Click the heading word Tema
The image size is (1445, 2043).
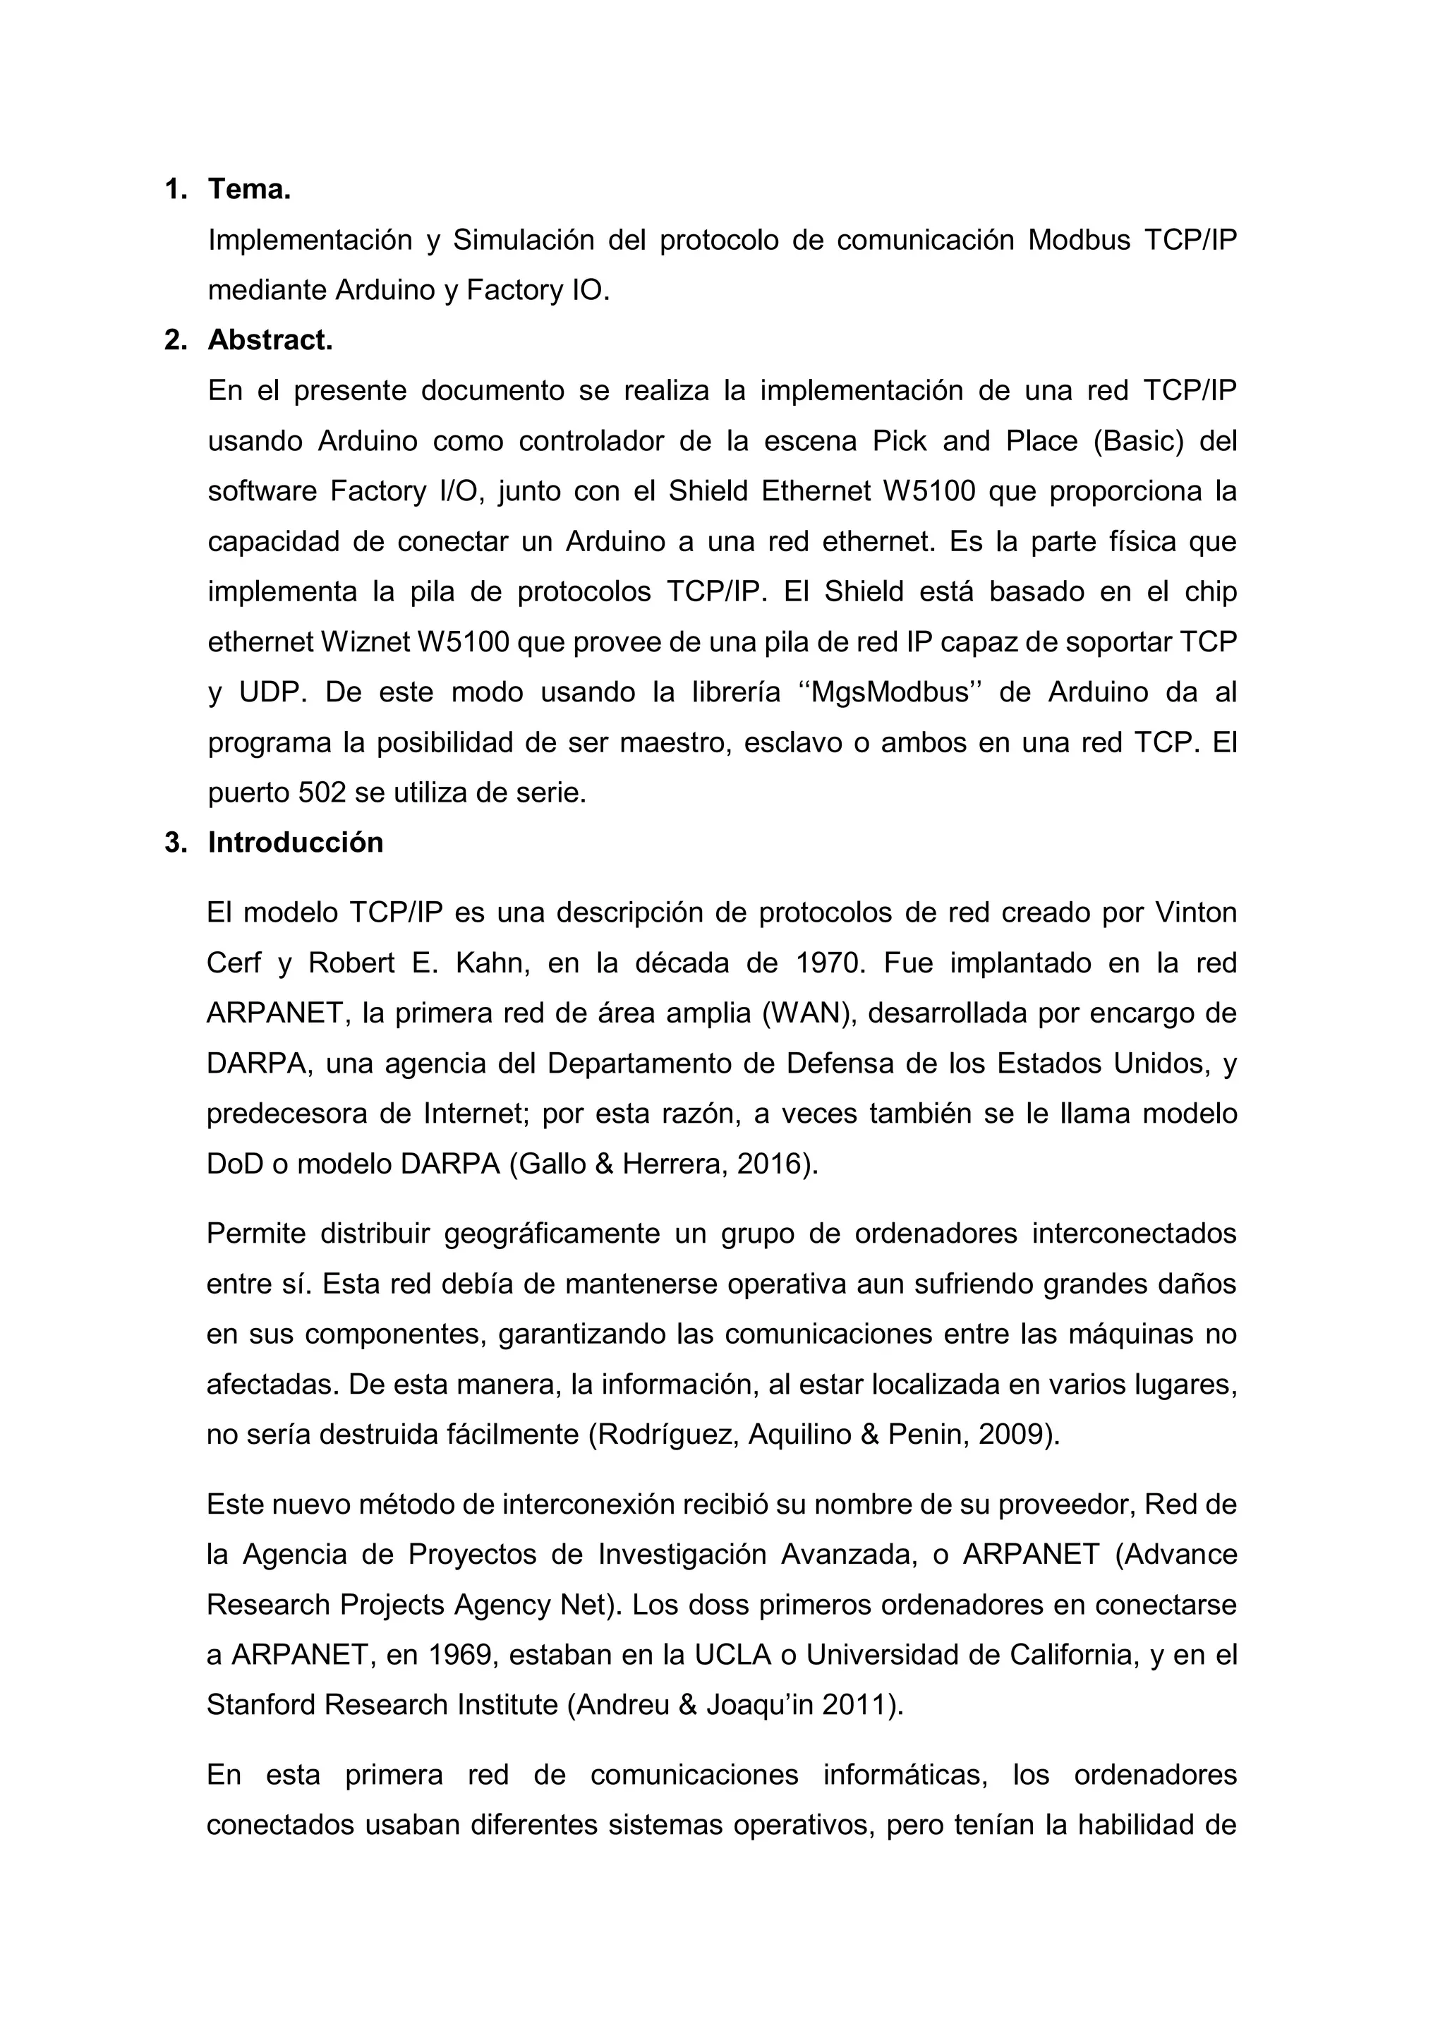tap(249, 190)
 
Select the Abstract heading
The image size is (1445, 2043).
tap(270, 341)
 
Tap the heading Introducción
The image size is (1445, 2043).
tap(296, 843)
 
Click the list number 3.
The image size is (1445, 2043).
tap(175, 843)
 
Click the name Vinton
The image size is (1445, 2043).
tap(1195, 913)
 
